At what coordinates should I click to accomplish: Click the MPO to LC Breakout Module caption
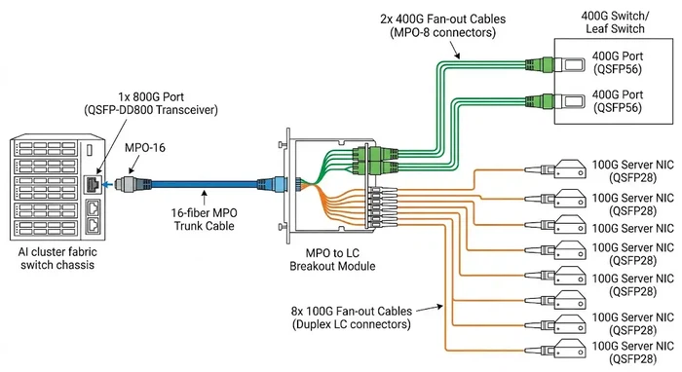[x=325, y=259]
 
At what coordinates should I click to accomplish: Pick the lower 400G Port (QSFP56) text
[x=619, y=101]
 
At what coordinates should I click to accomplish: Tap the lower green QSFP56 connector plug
[x=539, y=99]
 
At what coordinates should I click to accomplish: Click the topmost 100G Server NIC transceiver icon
[x=540, y=169]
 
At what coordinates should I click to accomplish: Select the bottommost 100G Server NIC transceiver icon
[x=540, y=350]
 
